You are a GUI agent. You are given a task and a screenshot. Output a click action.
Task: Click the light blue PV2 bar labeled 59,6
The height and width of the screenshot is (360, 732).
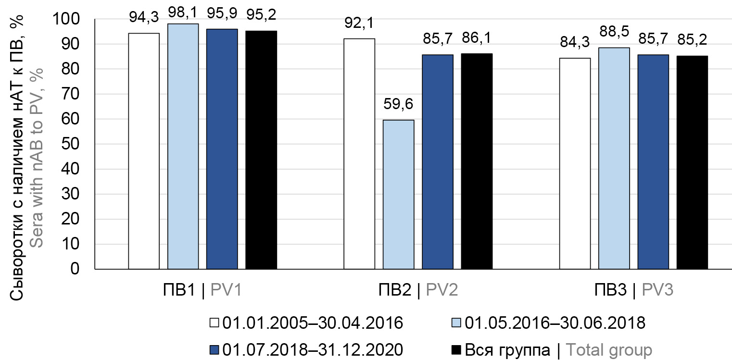tap(398, 194)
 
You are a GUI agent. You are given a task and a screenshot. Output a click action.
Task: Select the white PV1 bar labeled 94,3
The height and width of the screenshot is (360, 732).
tap(144, 151)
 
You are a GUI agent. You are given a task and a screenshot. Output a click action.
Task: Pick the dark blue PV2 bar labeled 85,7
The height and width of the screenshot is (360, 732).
tap(438, 161)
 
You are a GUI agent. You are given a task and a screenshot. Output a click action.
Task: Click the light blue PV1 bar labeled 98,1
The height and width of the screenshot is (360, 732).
tap(183, 146)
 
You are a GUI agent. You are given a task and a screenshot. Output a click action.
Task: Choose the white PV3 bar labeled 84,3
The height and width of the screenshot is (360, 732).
tap(575, 163)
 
